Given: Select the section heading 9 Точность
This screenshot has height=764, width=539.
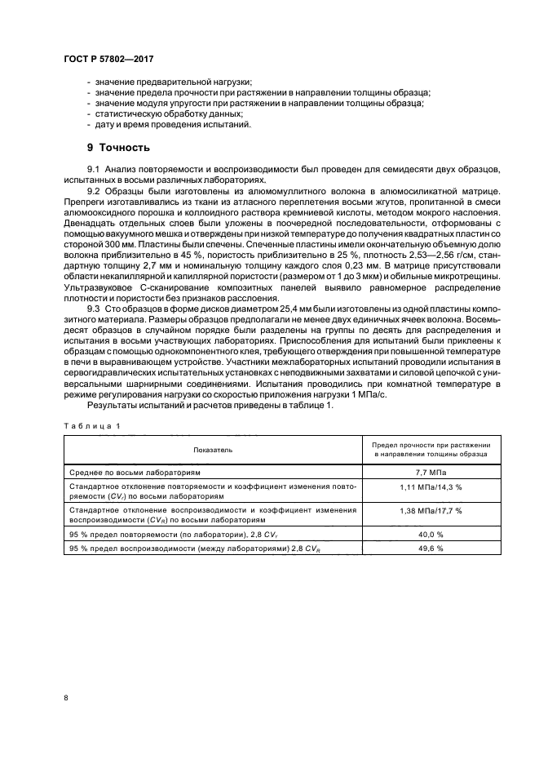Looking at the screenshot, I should pos(118,148).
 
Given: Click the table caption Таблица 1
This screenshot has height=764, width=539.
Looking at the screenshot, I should pos(91,424).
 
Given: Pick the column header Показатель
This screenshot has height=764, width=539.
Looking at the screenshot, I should pos(213,450).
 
